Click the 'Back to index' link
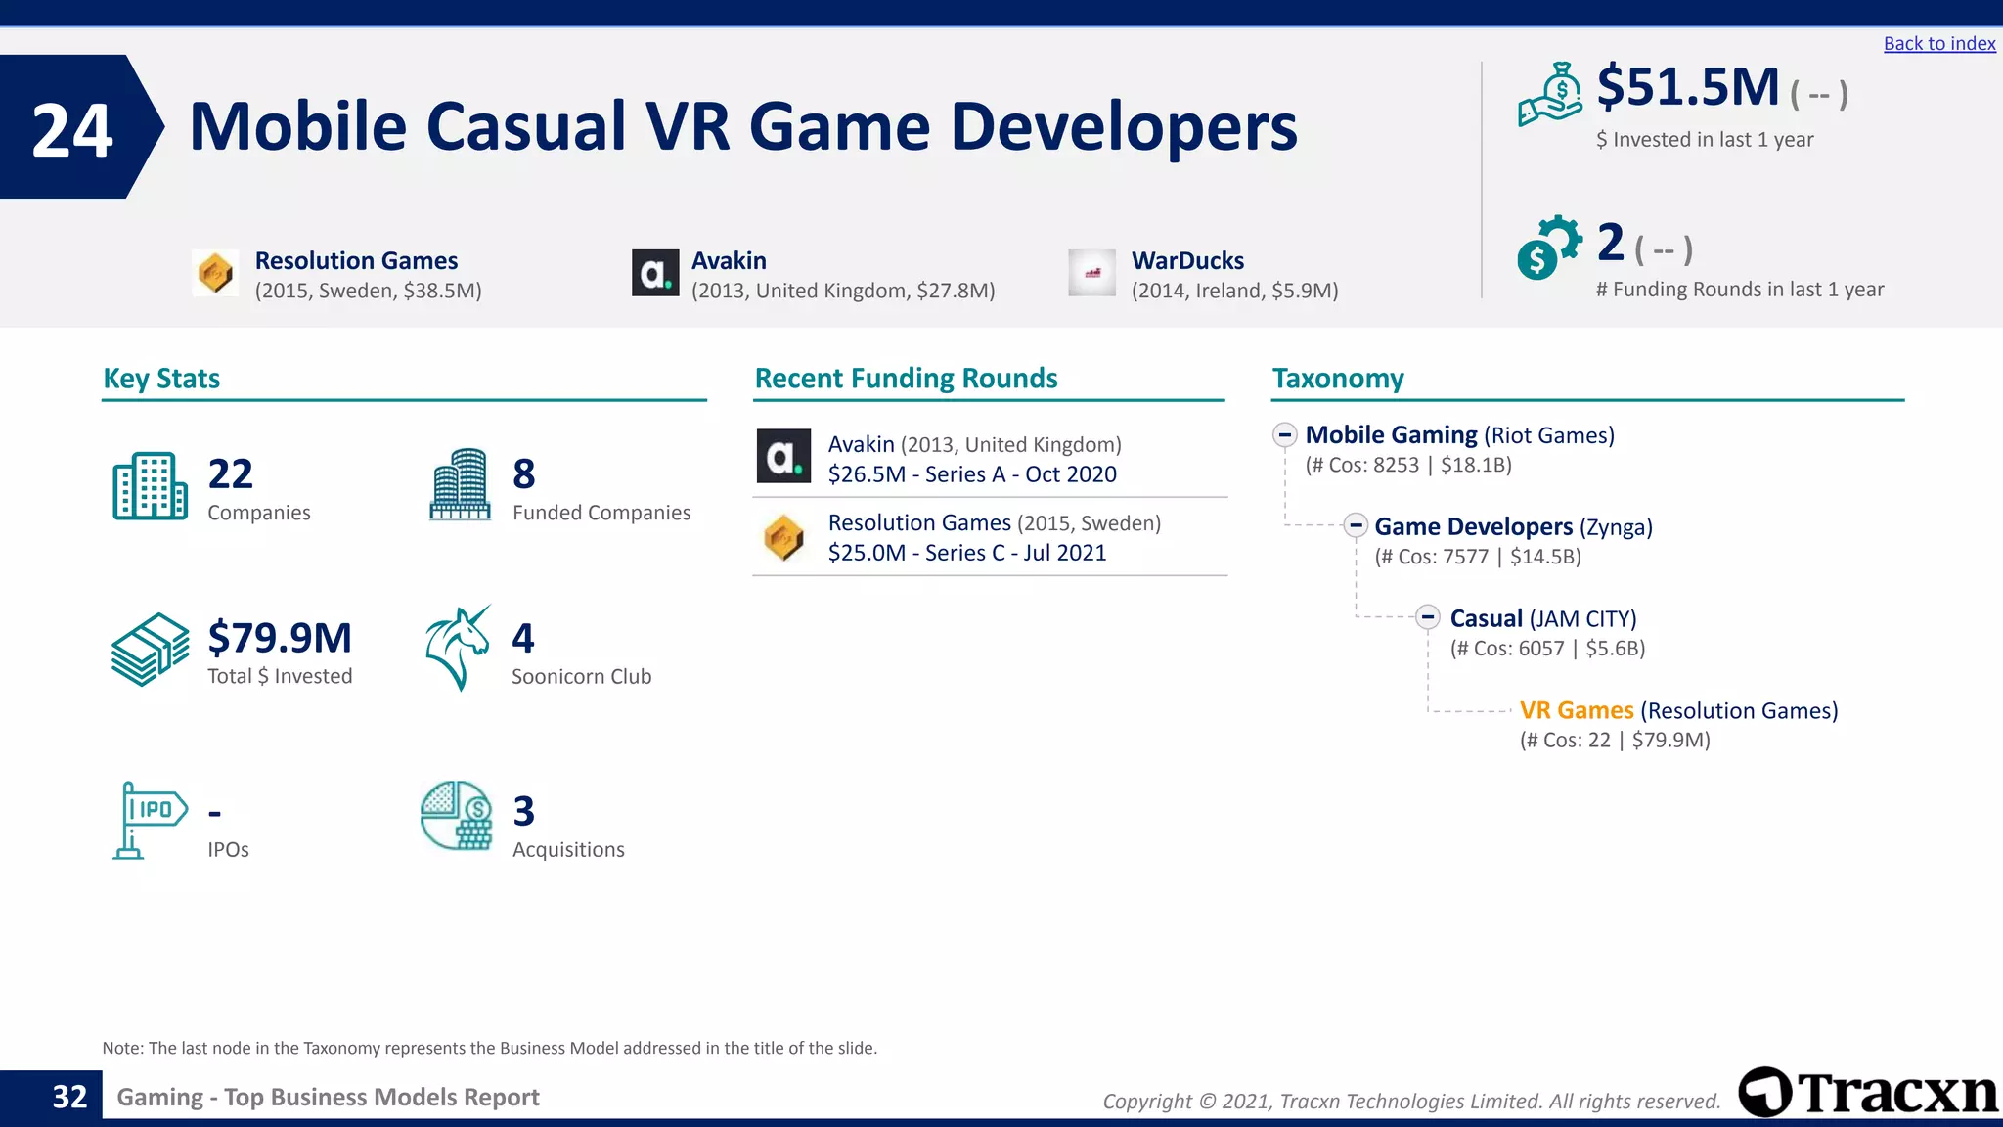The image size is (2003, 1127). click(x=1938, y=44)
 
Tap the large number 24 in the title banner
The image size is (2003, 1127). click(x=72, y=131)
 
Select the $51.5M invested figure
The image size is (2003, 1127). click(x=1688, y=87)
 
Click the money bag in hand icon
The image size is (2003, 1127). click(x=1550, y=95)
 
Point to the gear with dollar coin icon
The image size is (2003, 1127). click(x=1548, y=248)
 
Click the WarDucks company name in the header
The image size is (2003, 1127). click(x=1187, y=261)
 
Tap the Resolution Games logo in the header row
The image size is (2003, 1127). click(x=215, y=273)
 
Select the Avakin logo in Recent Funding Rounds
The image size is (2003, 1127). click(x=783, y=457)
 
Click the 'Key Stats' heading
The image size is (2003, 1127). click(x=161, y=379)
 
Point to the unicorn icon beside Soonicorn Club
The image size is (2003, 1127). click(x=458, y=648)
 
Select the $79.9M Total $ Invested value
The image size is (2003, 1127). click(x=280, y=638)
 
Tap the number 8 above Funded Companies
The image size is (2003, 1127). click(x=524, y=474)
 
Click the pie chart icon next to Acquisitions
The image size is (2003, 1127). click(x=457, y=815)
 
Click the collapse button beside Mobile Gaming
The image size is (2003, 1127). click(x=1285, y=435)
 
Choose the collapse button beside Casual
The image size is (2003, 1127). click(x=1428, y=617)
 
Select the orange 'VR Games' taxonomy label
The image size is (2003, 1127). click(x=1576, y=710)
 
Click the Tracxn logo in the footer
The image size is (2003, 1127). click(x=1868, y=1093)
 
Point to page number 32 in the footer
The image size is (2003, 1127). click(x=69, y=1097)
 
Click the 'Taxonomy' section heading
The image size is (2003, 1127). click(x=1337, y=379)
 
